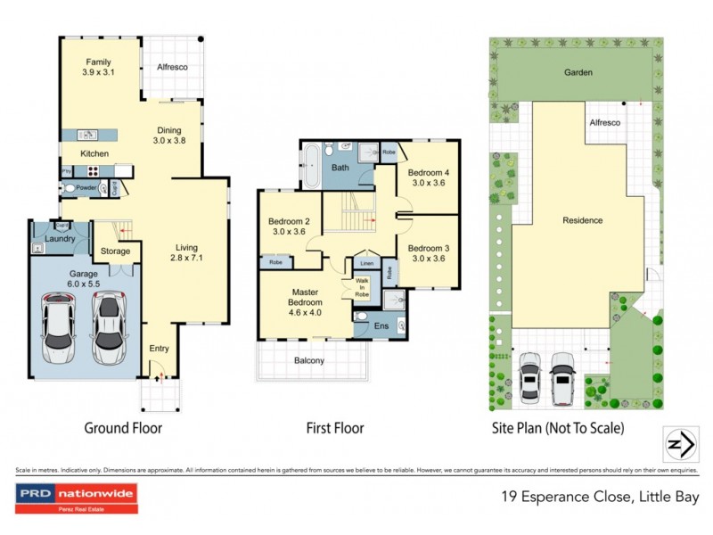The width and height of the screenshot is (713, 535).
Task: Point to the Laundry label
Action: coord(59,238)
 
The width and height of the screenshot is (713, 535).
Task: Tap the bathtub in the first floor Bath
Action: coord(310,167)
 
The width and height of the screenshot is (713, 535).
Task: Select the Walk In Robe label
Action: coord(361,286)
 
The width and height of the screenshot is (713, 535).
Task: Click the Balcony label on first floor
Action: coord(310,360)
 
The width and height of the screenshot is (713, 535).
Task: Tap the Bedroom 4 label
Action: coord(426,177)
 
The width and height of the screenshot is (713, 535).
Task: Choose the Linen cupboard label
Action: coord(366,263)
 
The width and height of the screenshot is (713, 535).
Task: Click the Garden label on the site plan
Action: coord(578,72)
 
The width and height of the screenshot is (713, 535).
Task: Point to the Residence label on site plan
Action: coord(582,220)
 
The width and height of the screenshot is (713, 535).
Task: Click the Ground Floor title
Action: coord(123,428)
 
